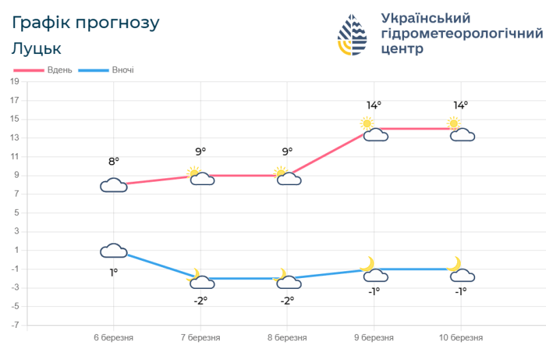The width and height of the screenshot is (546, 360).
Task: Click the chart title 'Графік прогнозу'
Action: click(x=86, y=23)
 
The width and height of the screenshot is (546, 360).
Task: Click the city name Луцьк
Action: click(x=37, y=49)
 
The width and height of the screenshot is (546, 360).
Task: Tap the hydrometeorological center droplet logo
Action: click(x=353, y=34)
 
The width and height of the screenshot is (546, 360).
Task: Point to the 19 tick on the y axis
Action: click(x=14, y=82)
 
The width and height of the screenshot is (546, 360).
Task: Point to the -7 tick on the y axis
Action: click(x=14, y=325)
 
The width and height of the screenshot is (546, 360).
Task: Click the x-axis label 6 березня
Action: click(x=113, y=337)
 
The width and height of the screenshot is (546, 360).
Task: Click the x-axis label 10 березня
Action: click(x=460, y=337)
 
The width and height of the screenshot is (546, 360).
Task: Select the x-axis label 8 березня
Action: click(x=287, y=337)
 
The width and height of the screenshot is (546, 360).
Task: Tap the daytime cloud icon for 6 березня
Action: click(x=114, y=185)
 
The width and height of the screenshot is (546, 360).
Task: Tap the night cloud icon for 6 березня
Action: click(x=114, y=251)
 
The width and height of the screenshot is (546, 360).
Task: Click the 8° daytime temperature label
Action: click(x=113, y=161)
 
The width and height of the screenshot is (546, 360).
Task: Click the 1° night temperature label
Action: click(x=113, y=273)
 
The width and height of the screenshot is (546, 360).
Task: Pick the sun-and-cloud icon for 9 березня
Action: click(x=374, y=130)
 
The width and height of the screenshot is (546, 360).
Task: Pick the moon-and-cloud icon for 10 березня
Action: click(x=461, y=271)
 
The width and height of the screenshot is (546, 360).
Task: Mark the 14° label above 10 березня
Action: click(x=460, y=105)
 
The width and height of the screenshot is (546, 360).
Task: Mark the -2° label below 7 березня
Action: click(x=200, y=301)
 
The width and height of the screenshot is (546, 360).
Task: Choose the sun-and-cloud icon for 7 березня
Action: click(x=199, y=176)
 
